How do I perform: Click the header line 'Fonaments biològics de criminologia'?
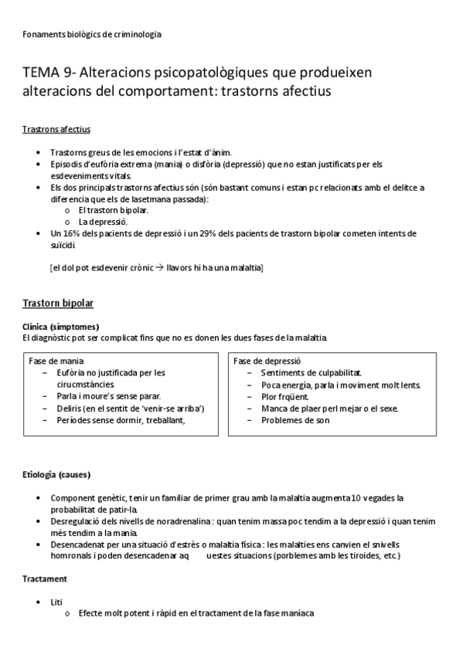pyautogui.click(x=92, y=34)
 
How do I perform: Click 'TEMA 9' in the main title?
pyautogui.click(x=47, y=73)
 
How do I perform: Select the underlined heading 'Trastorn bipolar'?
pyautogui.click(x=58, y=302)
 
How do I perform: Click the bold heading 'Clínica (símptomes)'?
pyautogui.click(x=60, y=327)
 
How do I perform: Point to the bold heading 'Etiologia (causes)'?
pyautogui.click(x=57, y=473)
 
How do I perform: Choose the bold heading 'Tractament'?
pyautogui.click(x=44, y=578)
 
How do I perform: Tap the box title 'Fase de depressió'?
pyautogui.click(x=267, y=361)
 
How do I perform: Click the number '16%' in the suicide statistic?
pyautogui.click(x=70, y=232)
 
